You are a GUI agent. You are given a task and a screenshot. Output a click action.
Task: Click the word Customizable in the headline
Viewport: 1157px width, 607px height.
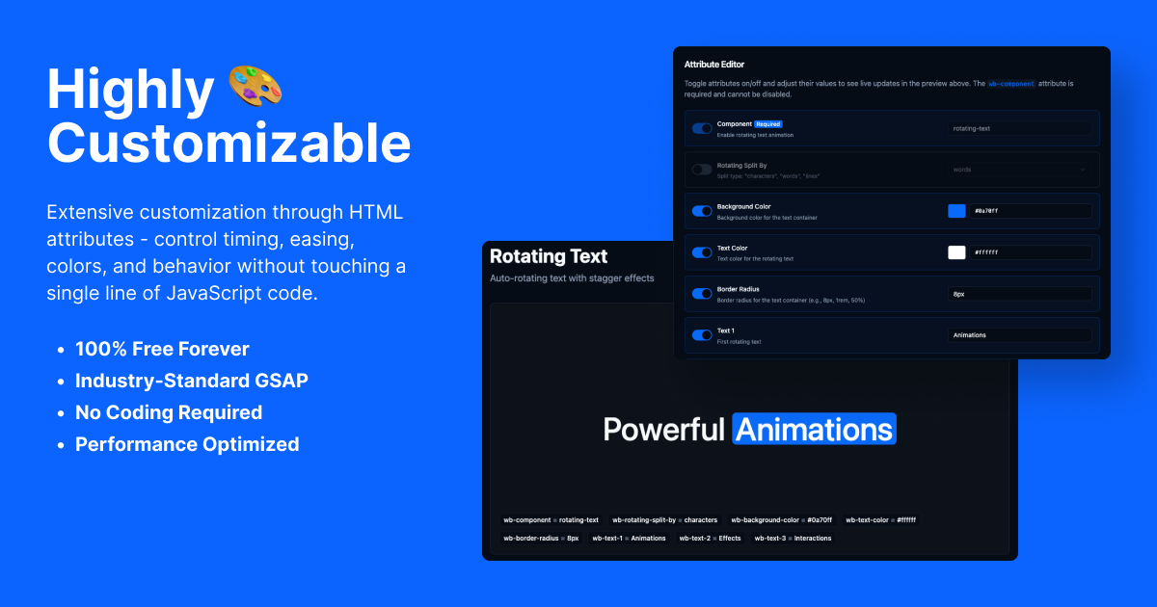(229, 143)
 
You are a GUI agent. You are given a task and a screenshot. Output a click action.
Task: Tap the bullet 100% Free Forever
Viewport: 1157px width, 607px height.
(162, 349)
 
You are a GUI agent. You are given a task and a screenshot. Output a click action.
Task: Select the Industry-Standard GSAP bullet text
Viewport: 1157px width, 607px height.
(192, 381)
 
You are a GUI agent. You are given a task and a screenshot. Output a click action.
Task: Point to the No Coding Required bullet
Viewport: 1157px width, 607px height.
(169, 412)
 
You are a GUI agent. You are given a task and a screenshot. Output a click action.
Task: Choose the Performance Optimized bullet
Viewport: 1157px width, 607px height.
(187, 444)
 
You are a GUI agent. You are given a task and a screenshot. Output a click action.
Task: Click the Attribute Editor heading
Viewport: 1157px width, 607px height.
(714, 65)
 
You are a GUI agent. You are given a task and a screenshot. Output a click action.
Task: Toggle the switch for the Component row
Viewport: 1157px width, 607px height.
(702, 128)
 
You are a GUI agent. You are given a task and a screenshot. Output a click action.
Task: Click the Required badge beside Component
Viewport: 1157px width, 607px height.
(767, 124)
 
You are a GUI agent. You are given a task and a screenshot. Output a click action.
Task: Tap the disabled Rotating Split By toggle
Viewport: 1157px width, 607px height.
(702, 170)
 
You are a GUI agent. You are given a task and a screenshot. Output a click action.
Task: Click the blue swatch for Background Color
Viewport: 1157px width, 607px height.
(956, 211)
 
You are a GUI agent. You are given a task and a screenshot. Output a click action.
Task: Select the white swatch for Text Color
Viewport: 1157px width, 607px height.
(956, 252)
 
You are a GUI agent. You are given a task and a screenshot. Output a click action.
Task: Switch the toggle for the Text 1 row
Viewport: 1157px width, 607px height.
(702, 335)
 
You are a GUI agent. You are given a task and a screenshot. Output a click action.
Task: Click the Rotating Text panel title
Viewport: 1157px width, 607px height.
(549, 256)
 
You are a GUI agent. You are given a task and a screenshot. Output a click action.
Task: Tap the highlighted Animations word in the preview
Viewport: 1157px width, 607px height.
(814, 429)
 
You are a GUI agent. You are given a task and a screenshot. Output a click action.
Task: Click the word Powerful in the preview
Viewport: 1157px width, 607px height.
(663, 429)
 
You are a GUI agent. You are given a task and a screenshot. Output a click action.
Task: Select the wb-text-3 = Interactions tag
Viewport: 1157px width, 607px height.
(793, 538)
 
